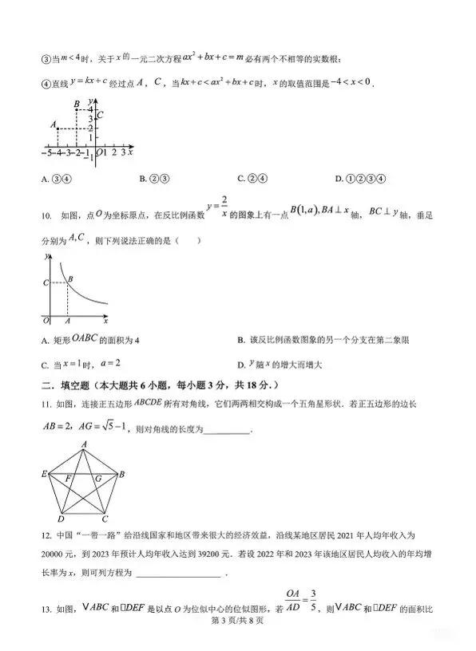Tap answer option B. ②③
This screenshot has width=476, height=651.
click(x=153, y=178)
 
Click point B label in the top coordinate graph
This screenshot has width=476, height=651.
click(x=75, y=105)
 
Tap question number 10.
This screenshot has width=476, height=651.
click(x=45, y=215)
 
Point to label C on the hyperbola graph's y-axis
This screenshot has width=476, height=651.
click(x=45, y=282)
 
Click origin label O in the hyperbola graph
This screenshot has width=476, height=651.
click(x=45, y=320)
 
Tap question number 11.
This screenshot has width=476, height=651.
click(x=44, y=406)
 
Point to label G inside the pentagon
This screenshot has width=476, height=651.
click(x=97, y=479)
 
